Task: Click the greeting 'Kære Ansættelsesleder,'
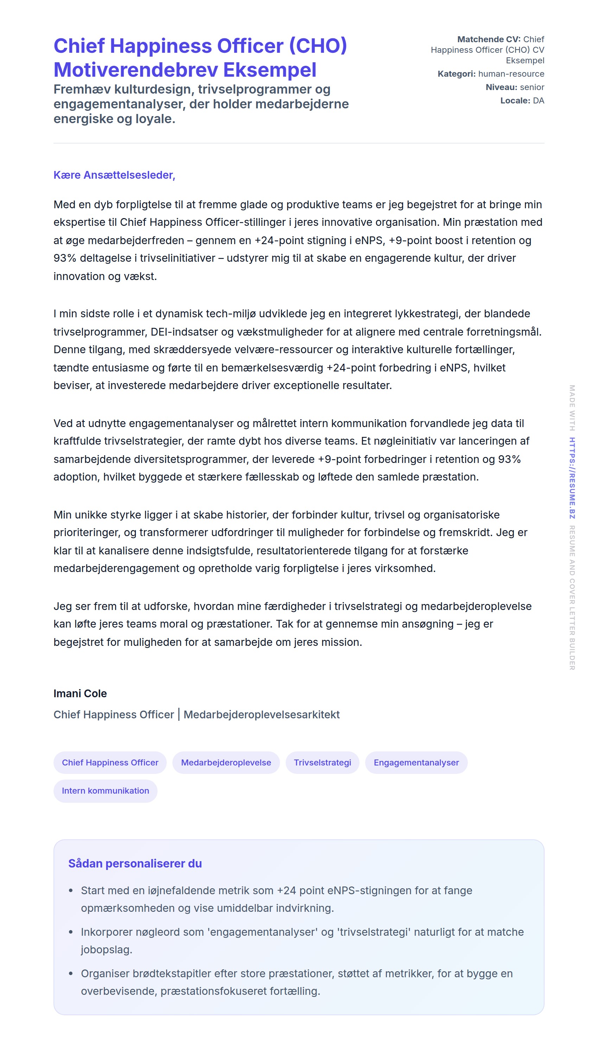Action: pos(114,175)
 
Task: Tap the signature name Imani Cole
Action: pos(80,693)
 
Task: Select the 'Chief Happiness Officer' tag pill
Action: pos(110,762)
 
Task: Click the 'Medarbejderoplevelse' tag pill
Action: pos(226,762)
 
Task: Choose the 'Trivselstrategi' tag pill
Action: pos(323,762)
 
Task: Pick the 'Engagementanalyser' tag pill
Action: pos(416,762)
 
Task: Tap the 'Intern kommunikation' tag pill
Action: pos(106,791)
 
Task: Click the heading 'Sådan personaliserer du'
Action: pos(135,863)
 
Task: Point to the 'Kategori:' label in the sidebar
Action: pos(456,74)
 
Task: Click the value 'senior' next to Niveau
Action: pos(532,87)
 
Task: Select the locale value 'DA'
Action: pos(539,101)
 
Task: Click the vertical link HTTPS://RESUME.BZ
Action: pos(572,478)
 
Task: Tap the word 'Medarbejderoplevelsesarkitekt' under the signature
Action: pos(262,715)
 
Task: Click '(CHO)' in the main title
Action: pos(318,46)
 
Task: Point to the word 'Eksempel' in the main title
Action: pos(270,70)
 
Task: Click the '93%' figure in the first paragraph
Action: pos(65,258)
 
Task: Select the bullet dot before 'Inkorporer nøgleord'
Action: pos(71,932)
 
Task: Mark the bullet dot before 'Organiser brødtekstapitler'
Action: pos(71,973)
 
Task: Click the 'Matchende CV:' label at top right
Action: pos(489,39)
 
